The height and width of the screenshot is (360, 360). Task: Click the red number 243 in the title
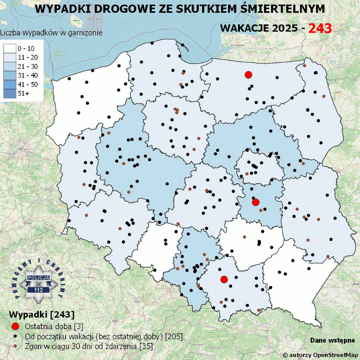coord(320,28)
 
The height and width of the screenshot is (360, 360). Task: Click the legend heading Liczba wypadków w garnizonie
coord(51,33)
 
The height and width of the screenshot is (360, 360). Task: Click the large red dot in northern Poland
coord(248,75)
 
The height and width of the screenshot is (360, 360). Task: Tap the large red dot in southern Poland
coord(224,279)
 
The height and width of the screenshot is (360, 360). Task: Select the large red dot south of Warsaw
coord(256,202)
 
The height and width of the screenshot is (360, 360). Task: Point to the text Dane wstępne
coord(332,340)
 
